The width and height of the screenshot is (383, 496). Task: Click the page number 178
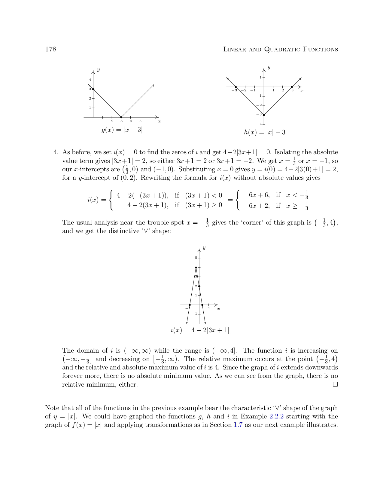pyautogui.click(x=50, y=49)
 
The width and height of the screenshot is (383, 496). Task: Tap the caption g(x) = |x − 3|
pyautogui.click(x=122, y=130)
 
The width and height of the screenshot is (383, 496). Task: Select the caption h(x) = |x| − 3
pyautogui.click(x=264, y=133)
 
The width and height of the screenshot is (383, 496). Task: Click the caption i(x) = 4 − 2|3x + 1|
pyautogui.click(x=200, y=330)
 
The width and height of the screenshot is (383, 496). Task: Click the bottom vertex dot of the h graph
pyautogui.click(x=264, y=115)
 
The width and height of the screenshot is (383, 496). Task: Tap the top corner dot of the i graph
pyautogui.click(x=196, y=268)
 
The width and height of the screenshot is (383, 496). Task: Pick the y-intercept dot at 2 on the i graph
pyautogui.click(x=199, y=286)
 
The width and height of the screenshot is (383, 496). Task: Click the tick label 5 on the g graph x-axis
pyautogui.click(x=140, y=121)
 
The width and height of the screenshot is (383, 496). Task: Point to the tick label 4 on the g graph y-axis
pyautogui.click(x=90, y=80)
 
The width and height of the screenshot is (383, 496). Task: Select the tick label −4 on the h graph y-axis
pyautogui.click(x=259, y=124)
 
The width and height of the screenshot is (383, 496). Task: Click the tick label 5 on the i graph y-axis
pyautogui.click(x=196, y=258)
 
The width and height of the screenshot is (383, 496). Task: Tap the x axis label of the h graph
pyautogui.click(x=302, y=91)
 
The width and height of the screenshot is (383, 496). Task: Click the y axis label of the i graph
pyautogui.click(x=204, y=248)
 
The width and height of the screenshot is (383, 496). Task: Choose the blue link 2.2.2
pyautogui.click(x=277, y=417)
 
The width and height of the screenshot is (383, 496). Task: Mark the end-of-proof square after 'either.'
pyautogui.click(x=335, y=384)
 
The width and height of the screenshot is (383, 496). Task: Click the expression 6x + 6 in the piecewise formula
pyautogui.click(x=259, y=195)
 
